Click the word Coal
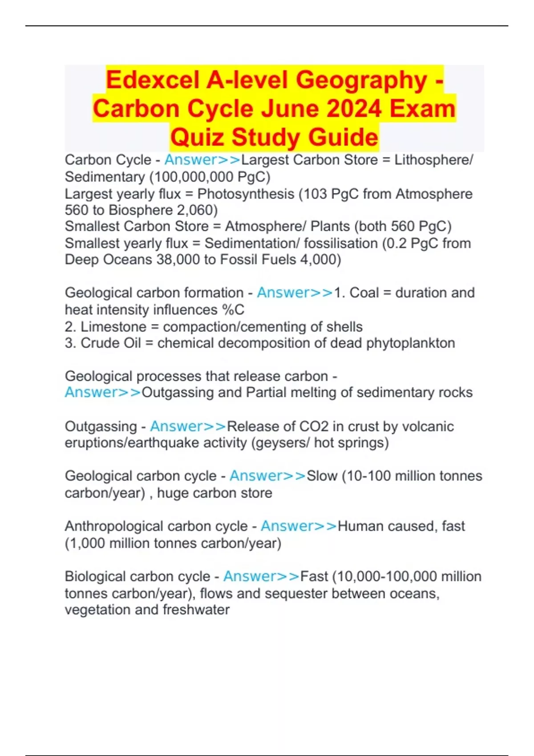click(364, 293)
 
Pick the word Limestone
click(113, 327)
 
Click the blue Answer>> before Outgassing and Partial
click(103, 393)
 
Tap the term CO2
click(314, 426)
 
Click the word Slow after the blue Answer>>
click(322, 476)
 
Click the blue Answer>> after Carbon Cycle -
click(202, 160)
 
